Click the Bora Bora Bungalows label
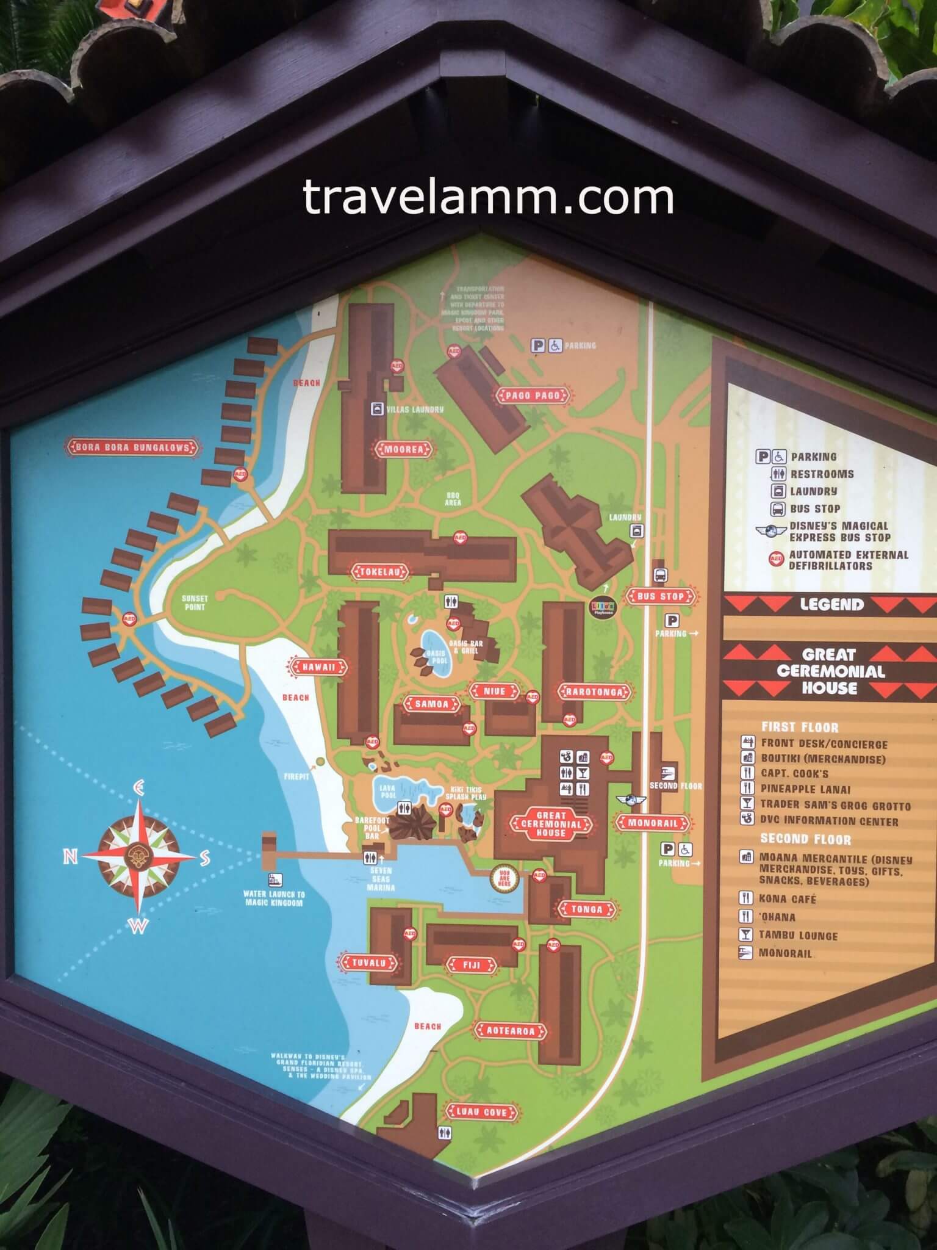click(x=133, y=447)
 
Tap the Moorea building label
click(x=403, y=450)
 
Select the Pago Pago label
click(x=532, y=396)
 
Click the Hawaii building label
click(x=319, y=667)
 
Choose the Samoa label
click(x=431, y=704)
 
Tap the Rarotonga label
click(x=594, y=692)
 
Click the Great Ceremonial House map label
click(x=551, y=824)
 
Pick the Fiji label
click(x=472, y=965)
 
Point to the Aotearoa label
click(x=510, y=1031)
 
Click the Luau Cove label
click(x=481, y=1111)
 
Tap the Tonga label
click(x=586, y=909)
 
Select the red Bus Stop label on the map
click(x=660, y=596)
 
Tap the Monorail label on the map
click(x=652, y=823)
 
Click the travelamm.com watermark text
click(x=488, y=197)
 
